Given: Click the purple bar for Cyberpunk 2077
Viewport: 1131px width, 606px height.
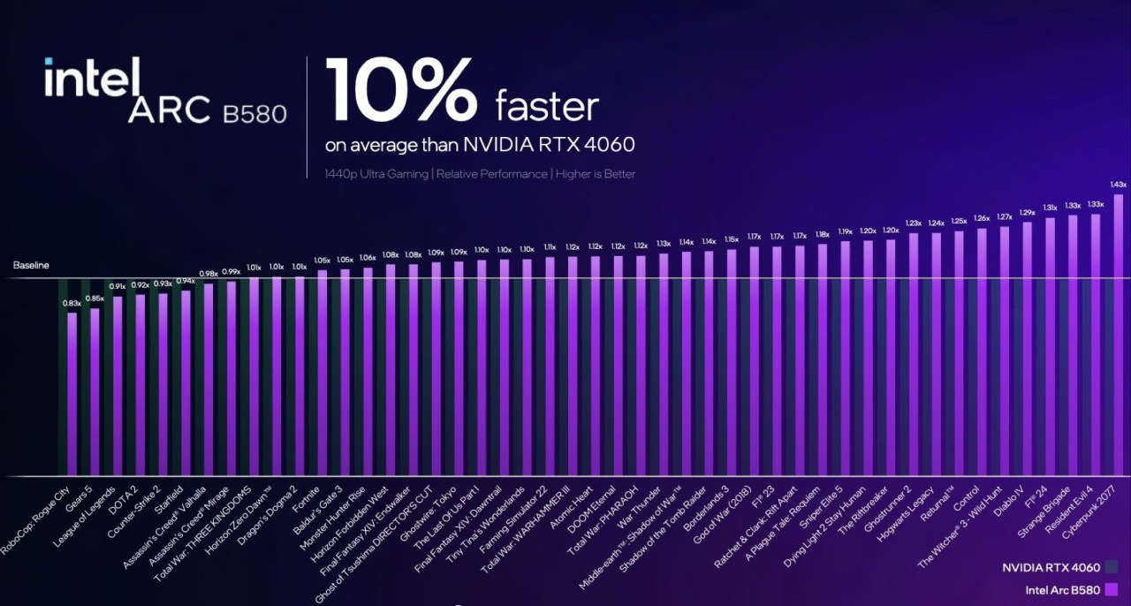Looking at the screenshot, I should pyautogui.click(x=1119, y=336).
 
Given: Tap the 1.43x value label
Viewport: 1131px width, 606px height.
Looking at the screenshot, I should pyautogui.click(x=1118, y=185).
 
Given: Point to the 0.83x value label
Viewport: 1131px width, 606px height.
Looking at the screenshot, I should pyautogui.click(x=72, y=304).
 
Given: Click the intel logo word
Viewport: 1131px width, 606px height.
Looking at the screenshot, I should pyautogui.click(x=92, y=80).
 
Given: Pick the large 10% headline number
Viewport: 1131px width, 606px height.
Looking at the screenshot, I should pyautogui.click(x=403, y=91).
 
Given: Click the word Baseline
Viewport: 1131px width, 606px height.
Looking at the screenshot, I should pyautogui.click(x=31, y=265).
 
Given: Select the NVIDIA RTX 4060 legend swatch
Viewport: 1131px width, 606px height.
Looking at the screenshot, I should pyautogui.click(x=1111, y=567).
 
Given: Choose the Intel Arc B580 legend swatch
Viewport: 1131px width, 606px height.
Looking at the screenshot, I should pyautogui.click(x=1111, y=590).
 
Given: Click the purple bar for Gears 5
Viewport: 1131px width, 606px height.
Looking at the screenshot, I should pyautogui.click(x=95, y=392).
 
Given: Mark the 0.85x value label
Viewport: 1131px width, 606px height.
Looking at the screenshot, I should pyautogui.click(x=95, y=299).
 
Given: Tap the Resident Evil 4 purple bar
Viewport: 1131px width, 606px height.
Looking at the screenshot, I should pyautogui.click(x=1096, y=345).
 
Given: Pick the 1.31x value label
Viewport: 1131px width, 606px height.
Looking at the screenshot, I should pyautogui.click(x=1050, y=208).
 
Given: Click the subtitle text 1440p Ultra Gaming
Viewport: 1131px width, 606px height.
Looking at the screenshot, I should pyautogui.click(x=376, y=174).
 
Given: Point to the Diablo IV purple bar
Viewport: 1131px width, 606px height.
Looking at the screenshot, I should pyautogui.click(x=1027, y=349).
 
